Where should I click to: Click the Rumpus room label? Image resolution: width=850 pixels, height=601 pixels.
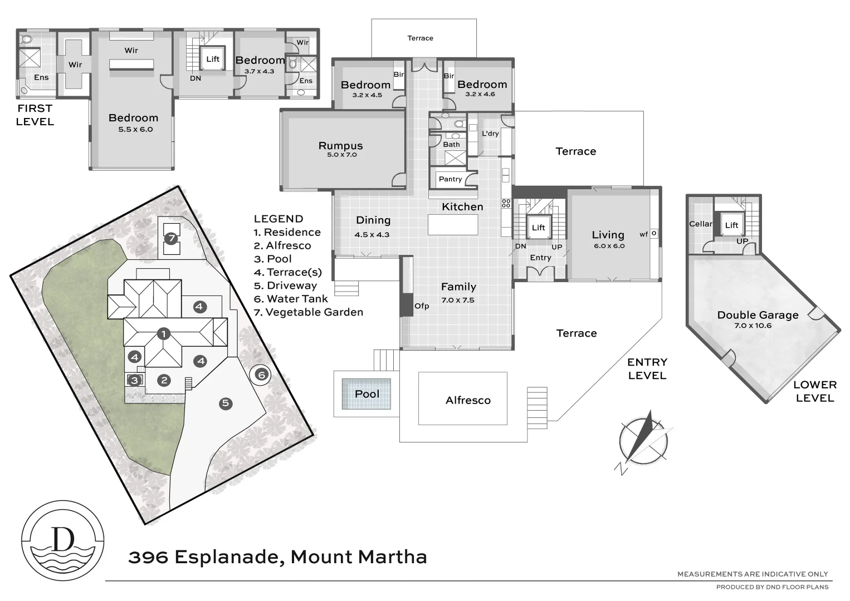point(340,146)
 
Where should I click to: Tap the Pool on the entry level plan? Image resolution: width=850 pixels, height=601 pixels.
point(367,394)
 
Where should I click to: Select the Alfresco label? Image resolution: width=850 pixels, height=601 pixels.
point(468,400)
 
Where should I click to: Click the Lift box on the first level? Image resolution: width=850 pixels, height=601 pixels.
point(213,59)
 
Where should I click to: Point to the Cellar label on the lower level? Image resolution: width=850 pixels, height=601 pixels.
point(700,224)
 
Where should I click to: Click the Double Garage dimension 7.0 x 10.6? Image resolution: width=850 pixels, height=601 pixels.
point(753,326)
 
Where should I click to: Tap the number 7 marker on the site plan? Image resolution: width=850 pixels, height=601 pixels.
point(172,239)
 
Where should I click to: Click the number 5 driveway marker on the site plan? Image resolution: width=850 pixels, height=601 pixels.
point(225,403)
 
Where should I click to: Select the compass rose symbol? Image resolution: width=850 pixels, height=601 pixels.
point(644,440)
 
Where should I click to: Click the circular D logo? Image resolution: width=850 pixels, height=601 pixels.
point(62,540)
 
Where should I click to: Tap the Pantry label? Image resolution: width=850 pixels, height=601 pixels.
point(450,179)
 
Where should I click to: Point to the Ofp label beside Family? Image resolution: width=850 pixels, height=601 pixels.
point(422,306)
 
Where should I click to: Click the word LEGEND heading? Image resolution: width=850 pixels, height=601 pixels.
point(279,219)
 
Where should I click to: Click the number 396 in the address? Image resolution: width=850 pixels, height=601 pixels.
point(148,557)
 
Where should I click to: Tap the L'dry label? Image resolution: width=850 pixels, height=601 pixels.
point(490,134)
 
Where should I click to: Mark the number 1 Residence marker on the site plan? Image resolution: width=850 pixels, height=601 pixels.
point(163,334)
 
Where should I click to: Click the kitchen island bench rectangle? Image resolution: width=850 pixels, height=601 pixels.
point(453,225)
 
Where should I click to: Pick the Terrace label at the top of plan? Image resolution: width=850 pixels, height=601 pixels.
point(420,38)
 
